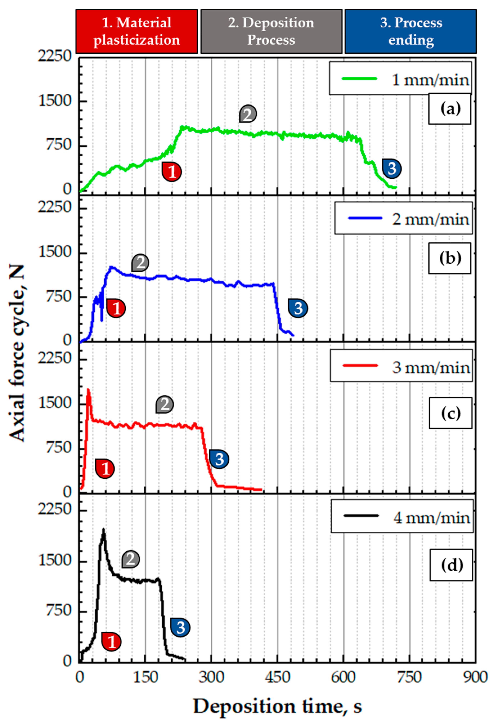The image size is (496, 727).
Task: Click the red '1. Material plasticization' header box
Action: coord(137,31)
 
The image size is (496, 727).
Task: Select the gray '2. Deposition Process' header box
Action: coord(271,31)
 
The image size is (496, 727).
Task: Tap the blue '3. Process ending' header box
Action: coord(411,31)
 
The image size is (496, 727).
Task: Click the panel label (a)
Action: coord(450,109)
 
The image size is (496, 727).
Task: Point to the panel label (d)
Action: coord(451,565)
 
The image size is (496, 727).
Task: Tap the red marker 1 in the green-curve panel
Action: coord(172,172)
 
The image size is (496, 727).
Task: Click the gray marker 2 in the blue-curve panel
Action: coord(140,262)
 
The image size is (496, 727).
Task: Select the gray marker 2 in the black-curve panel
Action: coord(131,559)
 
